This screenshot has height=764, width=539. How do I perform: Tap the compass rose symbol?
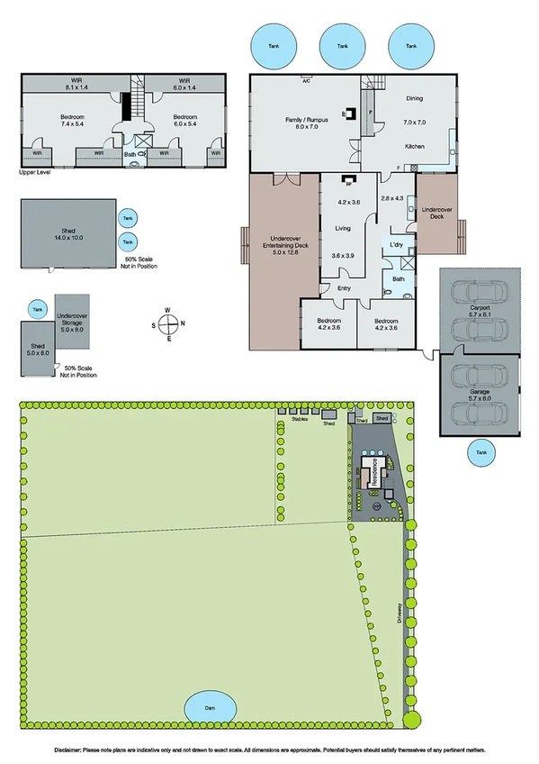(x=169, y=324)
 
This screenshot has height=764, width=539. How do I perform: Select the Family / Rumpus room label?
(x=307, y=122)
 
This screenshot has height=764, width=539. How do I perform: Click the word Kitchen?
(x=414, y=146)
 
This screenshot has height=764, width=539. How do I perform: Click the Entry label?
(x=344, y=288)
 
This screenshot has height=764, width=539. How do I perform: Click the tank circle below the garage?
(x=481, y=454)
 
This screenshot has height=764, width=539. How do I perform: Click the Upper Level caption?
(x=34, y=171)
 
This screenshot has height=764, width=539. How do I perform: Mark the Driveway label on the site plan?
(x=398, y=614)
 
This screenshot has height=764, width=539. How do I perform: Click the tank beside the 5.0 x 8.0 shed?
(x=37, y=309)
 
